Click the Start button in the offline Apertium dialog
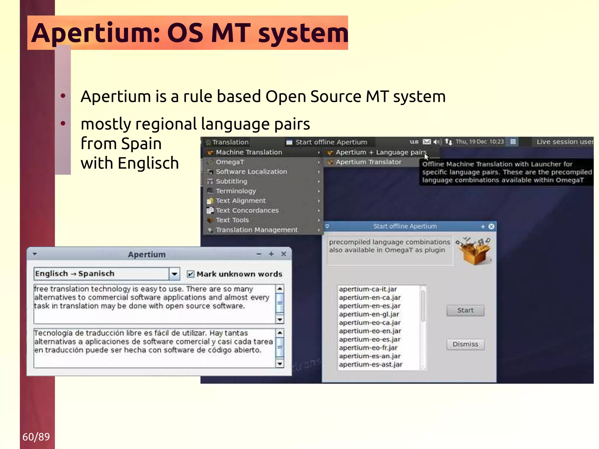[465, 310]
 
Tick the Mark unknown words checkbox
[190, 274]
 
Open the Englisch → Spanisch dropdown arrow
[174, 274]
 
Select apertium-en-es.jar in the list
[370, 306]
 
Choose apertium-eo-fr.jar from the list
[368, 348]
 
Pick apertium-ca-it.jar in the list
[368, 289]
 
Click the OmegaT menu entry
[230, 162]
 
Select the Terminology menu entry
[236, 191]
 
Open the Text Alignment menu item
[240, 201]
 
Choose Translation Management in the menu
[257, 230]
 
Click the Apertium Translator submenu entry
[368, 162]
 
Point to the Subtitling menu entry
[231, 181]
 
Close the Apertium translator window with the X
[283, 254]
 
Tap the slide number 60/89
[36, 437]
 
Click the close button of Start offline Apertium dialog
[491, 226]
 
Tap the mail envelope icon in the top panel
[427, 142]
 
